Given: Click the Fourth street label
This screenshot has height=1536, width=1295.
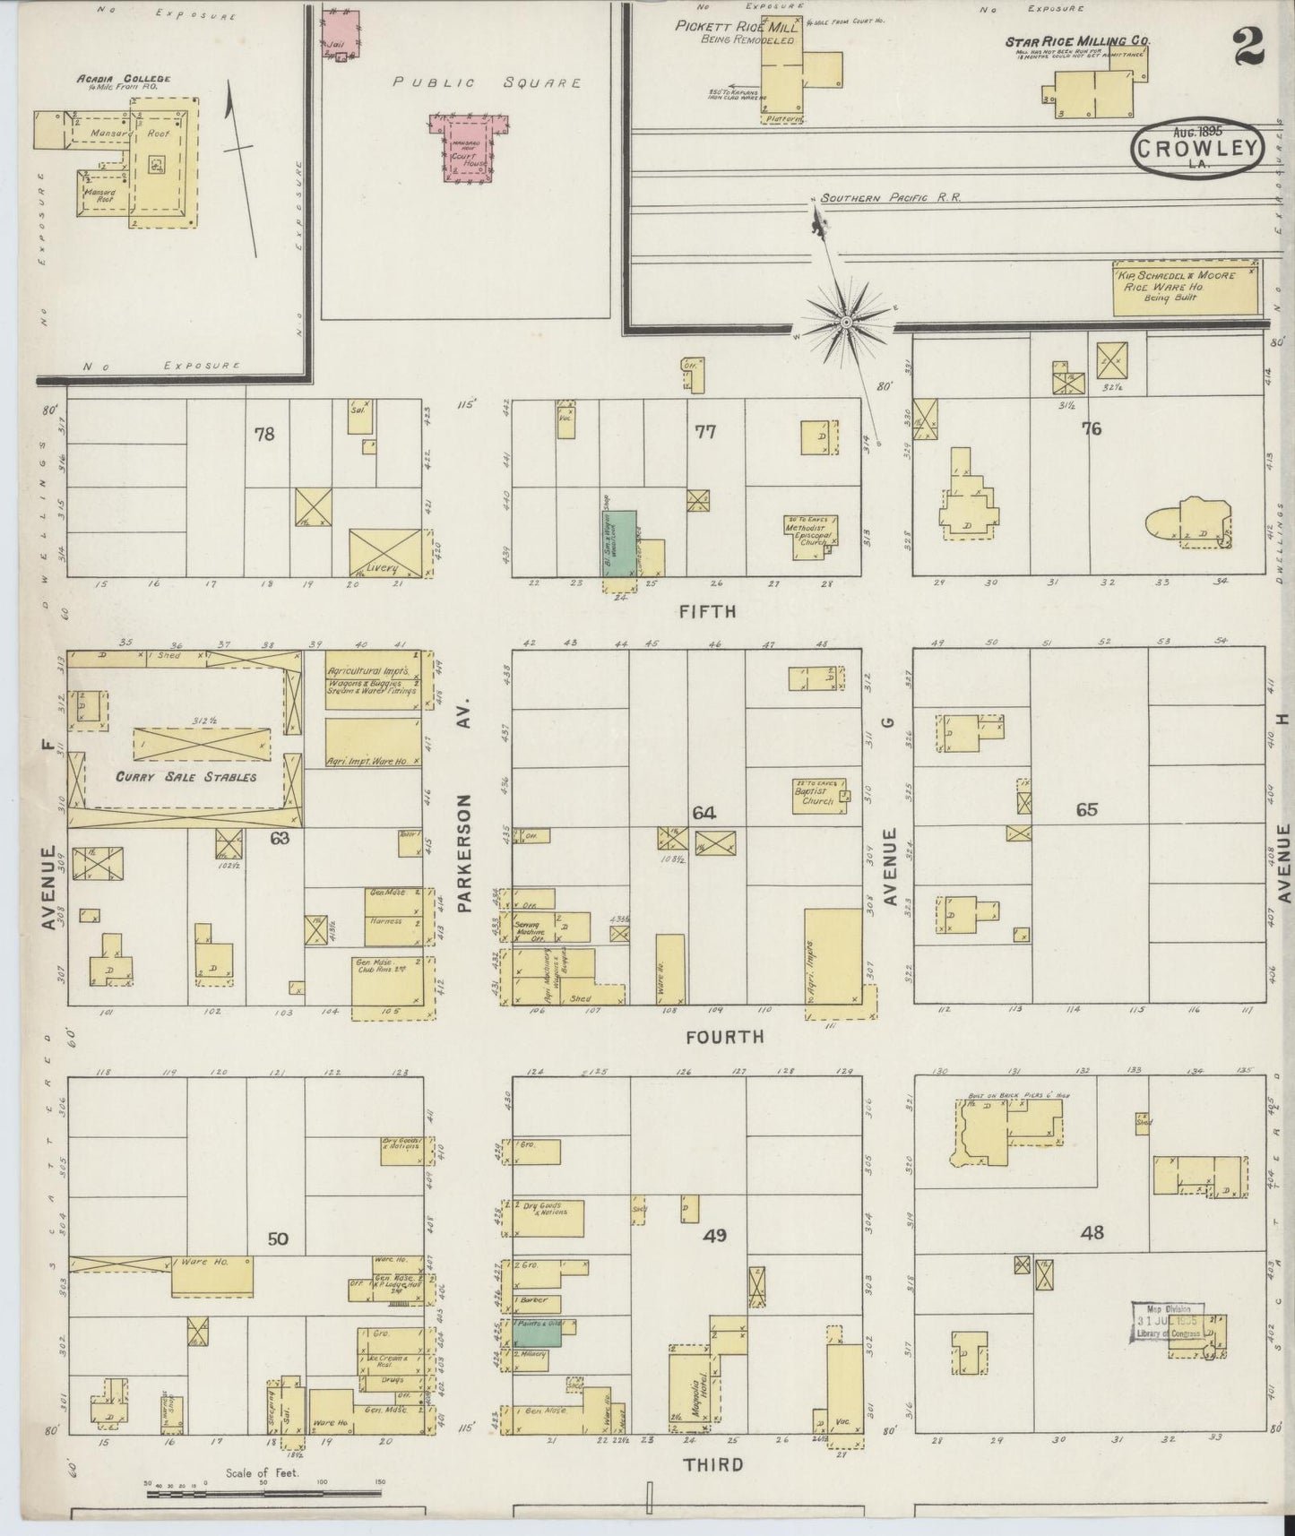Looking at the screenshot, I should [725, 1037].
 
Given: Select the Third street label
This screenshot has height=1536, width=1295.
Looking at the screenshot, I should [714, 1465].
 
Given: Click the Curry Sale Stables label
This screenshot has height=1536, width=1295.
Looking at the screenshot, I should [186, 777].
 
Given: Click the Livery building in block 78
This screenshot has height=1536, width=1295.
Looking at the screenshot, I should [384, 552].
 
